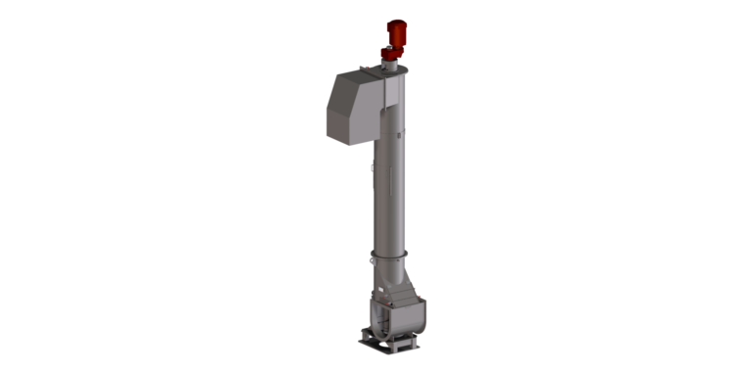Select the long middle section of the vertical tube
pyautogui.click(x=390, y=196)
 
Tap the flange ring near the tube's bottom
pyautogui.click(x=390, y=257)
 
